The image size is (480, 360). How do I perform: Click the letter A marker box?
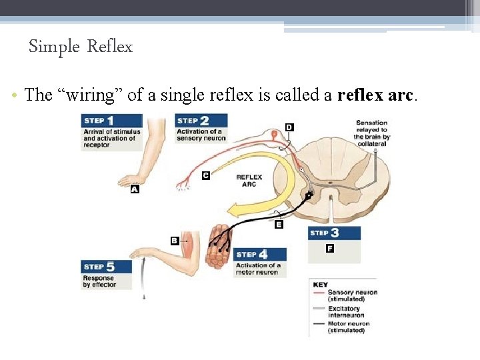click(x=135, y=189)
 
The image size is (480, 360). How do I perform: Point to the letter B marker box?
click(x=175, y=241)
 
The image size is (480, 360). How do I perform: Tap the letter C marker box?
click(x=206, y=175)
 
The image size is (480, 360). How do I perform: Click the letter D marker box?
click(x=289, y=127)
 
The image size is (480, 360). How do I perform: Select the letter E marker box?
click(x=279, y=225)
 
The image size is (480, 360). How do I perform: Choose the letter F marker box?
click(x=330, y=249)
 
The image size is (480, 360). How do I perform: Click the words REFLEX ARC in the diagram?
click(x=249, y=181)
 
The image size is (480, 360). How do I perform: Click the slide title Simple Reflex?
click(x=81, y=47)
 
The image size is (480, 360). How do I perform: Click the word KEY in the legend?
click(x=321, y=285)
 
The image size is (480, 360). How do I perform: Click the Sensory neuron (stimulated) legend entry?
click(x=351, y=295)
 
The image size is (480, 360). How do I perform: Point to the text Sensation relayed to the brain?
click(x=371, y=133)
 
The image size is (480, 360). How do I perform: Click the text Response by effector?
click(x=99, y=281)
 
